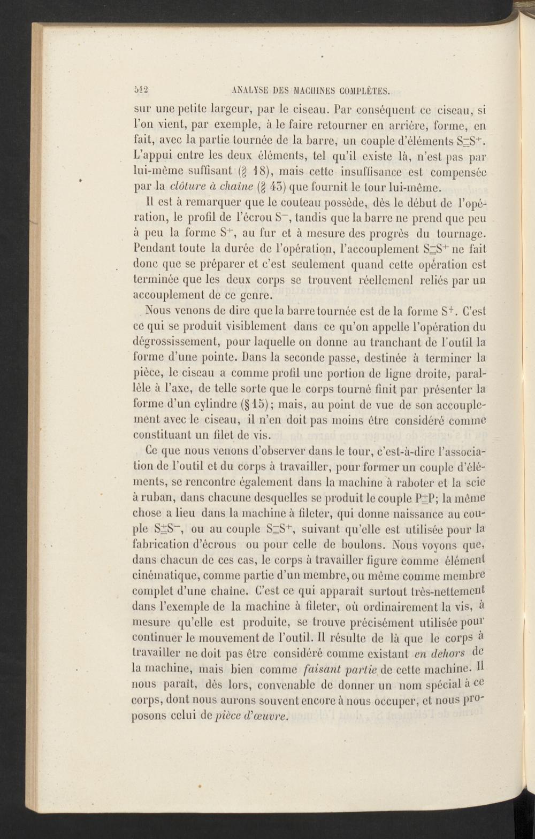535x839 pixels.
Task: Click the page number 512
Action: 143,90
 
